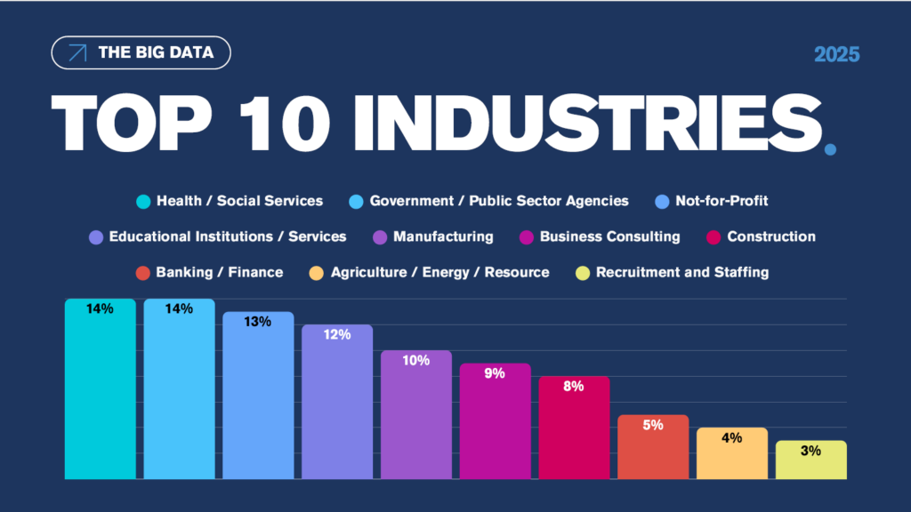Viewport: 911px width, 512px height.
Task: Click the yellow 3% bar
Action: pos(810,460)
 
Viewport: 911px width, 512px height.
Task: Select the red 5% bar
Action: pos(653,447)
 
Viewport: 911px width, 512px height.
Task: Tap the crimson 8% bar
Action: pos(574,428)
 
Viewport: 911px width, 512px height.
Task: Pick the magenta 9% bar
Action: pos(495,421)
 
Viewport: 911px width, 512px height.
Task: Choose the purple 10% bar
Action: pos(415,415)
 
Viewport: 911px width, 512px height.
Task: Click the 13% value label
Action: pos(258,322)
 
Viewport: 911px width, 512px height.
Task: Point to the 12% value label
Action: pos(337,335)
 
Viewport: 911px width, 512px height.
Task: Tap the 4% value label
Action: pos(731,437)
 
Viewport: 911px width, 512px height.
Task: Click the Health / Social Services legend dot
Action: pos(143,201)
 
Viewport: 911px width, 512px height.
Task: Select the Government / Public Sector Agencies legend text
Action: pos(498,201)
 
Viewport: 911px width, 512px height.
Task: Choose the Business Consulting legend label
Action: pos(609,236)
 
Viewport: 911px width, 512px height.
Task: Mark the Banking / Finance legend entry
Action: pos(210,272)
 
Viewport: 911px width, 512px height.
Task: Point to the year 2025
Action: pos(836,54)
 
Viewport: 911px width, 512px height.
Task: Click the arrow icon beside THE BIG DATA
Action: pos(77,52)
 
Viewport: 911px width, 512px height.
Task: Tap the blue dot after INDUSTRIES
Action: pos(830,150)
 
